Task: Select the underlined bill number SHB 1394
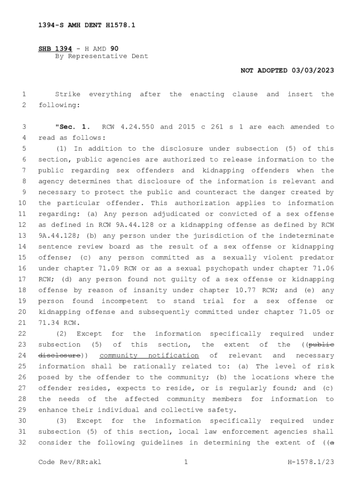click(51, 48)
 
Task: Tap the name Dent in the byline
click(140, 56)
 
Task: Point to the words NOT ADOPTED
click(264, 71)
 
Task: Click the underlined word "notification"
click(173, 356)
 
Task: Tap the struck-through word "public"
click(321, 345)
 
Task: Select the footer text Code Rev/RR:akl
click(70, 463)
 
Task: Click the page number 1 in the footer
click(186, 463)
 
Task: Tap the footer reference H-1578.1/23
click(310, 463)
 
